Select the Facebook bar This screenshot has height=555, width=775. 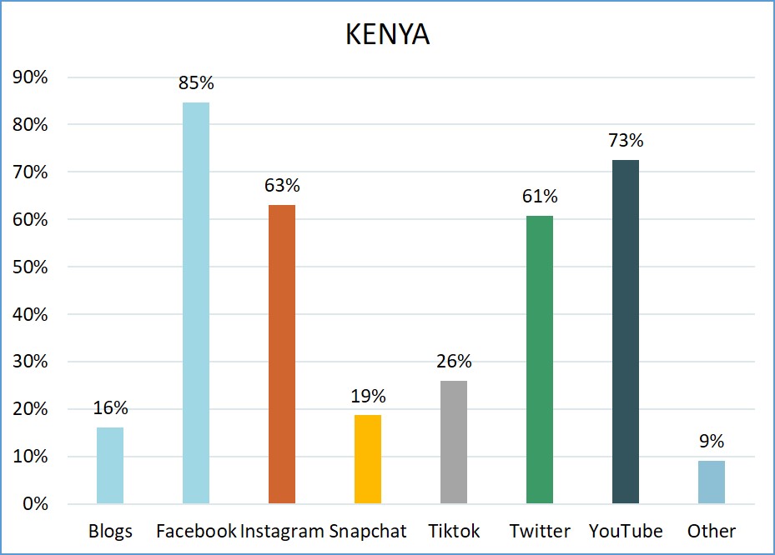pos(196,303)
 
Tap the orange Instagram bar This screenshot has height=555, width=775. pos(282,354)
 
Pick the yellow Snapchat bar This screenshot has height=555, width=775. pos(368,459)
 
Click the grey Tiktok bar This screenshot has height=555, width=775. pos(454,442)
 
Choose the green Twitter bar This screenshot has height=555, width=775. pos(540,360)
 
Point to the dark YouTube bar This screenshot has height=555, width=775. pos(626,332)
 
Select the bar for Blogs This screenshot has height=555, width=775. pos(110,466)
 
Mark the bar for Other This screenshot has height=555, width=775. pos(712,482)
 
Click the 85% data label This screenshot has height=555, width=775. pos(196,83)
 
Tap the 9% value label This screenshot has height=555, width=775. pos(712,442)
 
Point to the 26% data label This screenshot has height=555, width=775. pos(454,362)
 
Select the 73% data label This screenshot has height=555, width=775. pos(626,140)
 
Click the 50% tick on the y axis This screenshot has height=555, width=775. pos(31,267)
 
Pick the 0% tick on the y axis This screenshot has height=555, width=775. pos(35,504)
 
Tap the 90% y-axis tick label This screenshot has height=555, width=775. pos(31,77)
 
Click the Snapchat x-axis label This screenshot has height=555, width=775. pos(368,531)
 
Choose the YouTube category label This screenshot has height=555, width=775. pos(626,531)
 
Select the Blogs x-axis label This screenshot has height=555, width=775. pos(110,531)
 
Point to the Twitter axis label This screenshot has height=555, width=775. pos(540,531)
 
